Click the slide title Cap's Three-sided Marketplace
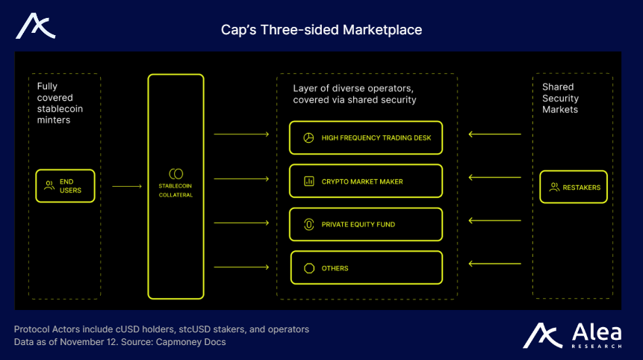tap(321, 30)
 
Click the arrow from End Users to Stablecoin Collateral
tap(126, 187)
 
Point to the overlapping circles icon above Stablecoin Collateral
tap(175, 173)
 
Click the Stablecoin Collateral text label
tap(175, 190)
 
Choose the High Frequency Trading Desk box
tap(366, 137)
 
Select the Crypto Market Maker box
tap(366, 181)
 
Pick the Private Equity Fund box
tap(366, 224)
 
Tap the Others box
tap(366, 267)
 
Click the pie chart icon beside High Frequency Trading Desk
tap(308, 138)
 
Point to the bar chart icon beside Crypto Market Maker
tap(308, 181)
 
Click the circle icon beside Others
tap(308, 268)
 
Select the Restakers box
tap(574, 187)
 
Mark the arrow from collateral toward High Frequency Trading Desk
tap(241, 134)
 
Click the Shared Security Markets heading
tap(560, 99)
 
